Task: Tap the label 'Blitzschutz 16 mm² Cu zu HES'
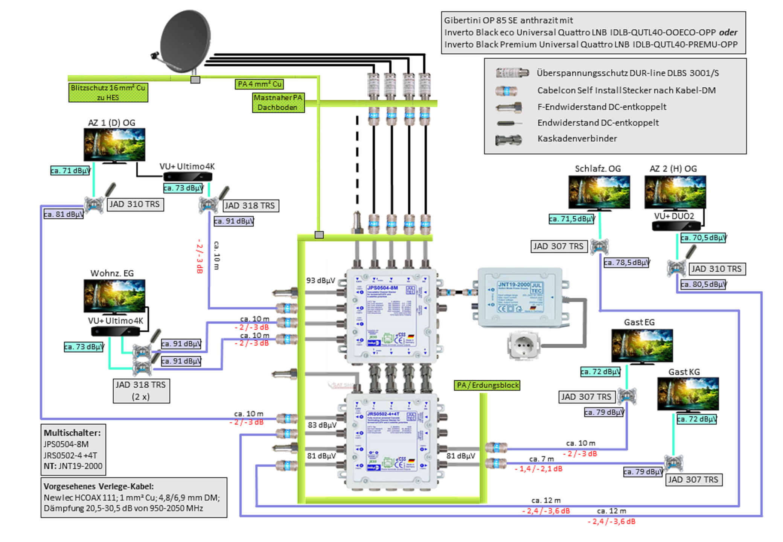coord(108,93)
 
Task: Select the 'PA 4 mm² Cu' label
coord(259,84)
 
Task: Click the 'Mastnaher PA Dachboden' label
coord(278,102)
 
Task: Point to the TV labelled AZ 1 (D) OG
coord(114,145)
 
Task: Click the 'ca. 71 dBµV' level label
coord(70,171)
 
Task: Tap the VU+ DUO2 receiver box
coord(676,226)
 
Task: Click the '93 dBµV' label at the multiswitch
coord(320,280)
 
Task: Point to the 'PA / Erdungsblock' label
coord(487,385)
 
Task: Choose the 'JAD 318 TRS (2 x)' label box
coord(141,391)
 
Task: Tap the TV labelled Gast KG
coord(688,394)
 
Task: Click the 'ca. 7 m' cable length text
coord(541,459)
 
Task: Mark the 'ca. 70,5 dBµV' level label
coord(703,238)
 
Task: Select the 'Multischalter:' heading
coord(72,433)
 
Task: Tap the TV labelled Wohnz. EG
coord(114,296)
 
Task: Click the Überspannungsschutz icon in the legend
coord(512,73)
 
